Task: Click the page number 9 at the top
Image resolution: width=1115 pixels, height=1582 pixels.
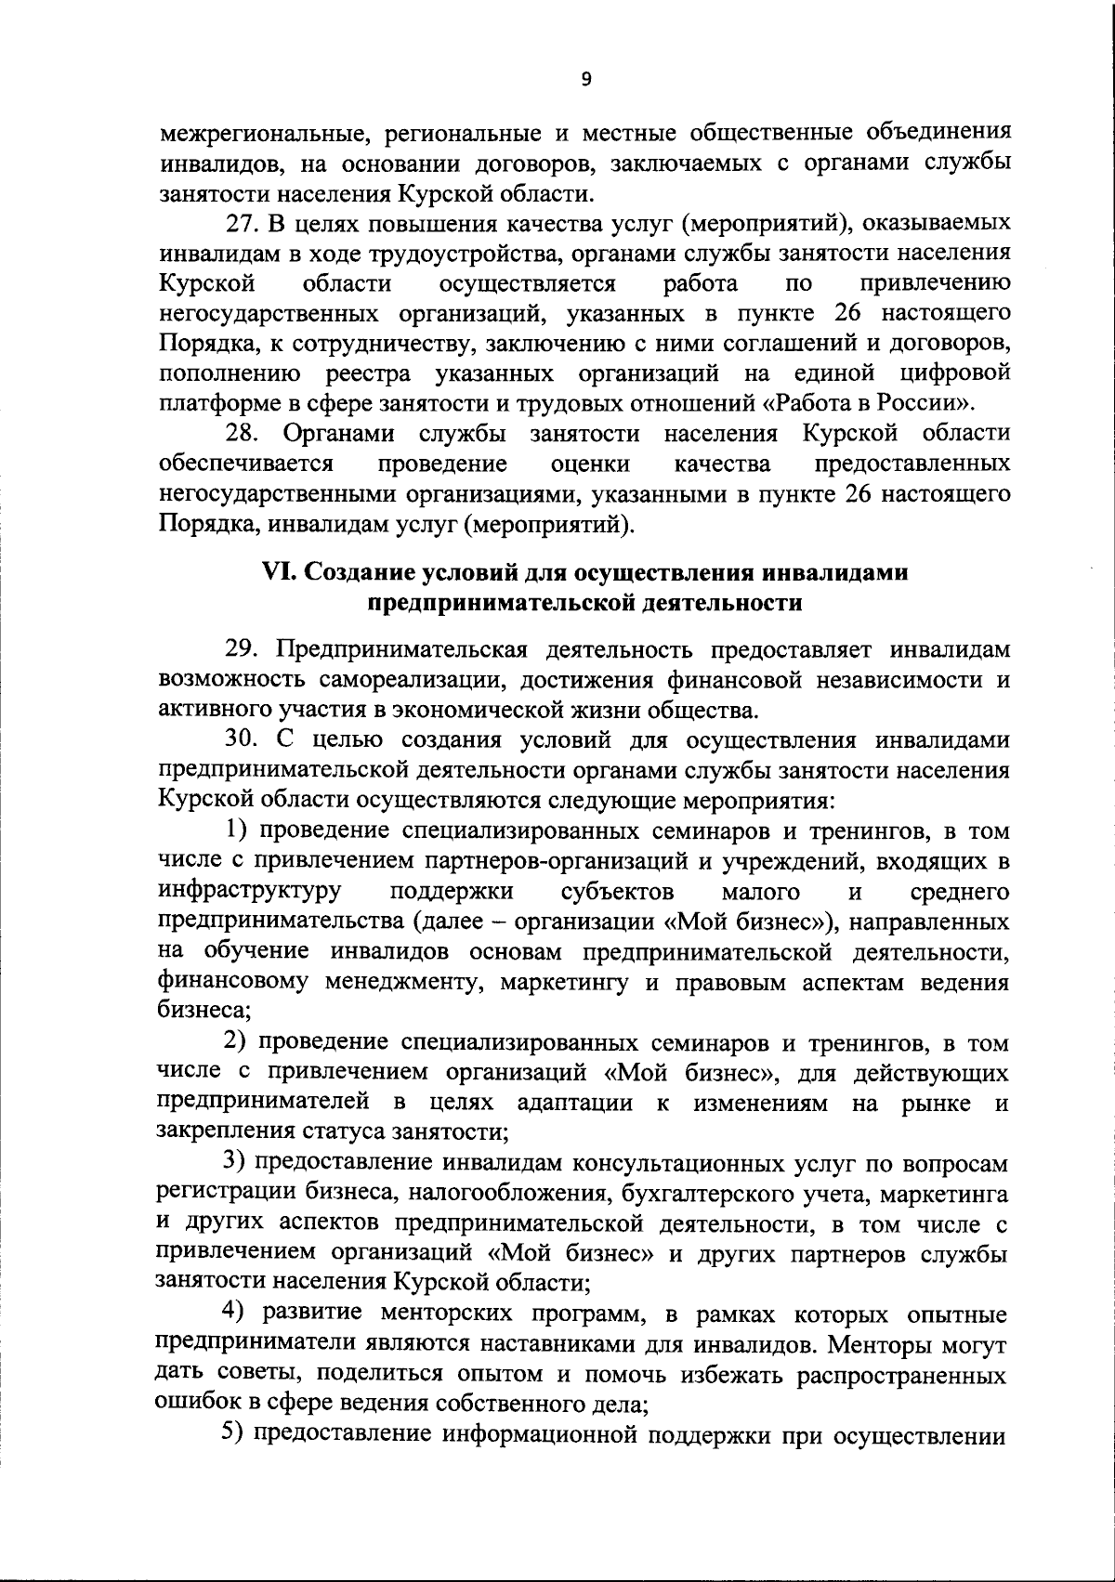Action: click(x=585, y=80)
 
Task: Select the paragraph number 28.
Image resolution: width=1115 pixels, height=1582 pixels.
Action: click(x=243, y=434)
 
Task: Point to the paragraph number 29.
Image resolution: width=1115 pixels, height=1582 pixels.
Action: click(x=243, y=648)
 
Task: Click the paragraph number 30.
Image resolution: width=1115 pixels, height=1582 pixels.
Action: click(x=243, y=740)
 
